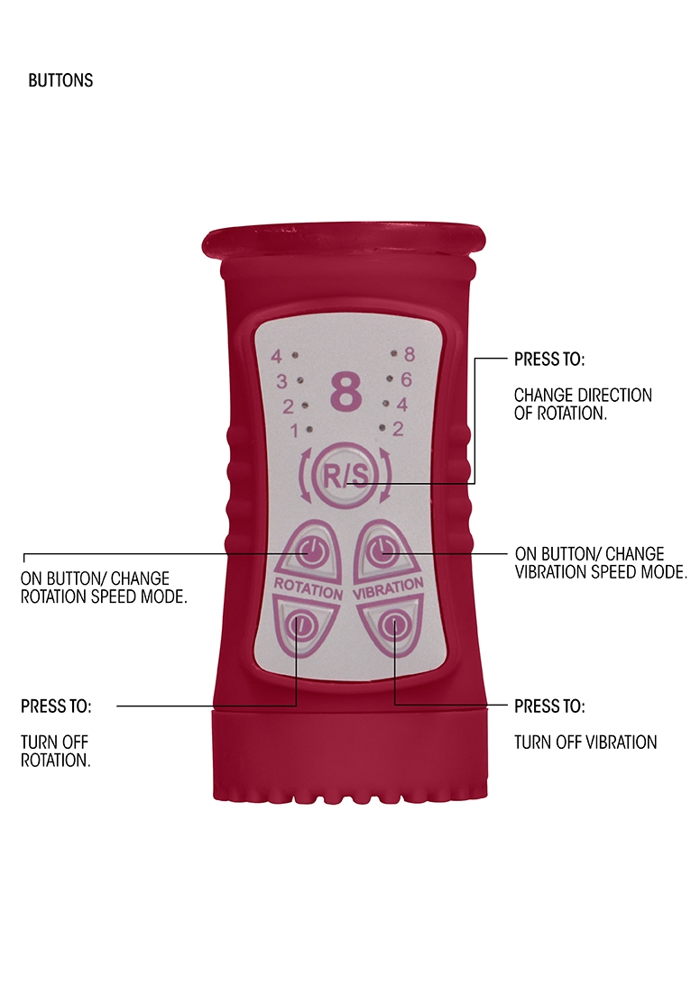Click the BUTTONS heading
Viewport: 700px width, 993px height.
[x=60, y=80]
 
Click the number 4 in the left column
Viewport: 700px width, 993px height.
[x=276, y=355]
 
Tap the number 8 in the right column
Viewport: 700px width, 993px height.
[x=409, y=355]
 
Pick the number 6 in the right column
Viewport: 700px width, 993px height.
[x=406, y=380]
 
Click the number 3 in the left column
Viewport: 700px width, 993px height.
[x=281, y=380]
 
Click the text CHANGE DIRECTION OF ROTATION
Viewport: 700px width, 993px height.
[x=583, y=403]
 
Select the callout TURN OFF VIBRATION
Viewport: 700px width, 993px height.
[x=585, y=742]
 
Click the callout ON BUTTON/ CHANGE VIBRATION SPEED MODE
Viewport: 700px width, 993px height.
[x=601, y=561]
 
